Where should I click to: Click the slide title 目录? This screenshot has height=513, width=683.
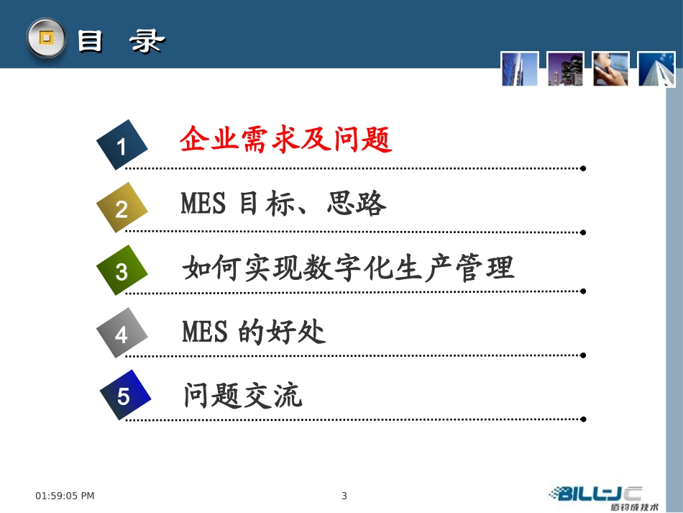pyautogui.click(x=120, y=42)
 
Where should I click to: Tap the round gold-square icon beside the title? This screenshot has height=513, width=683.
pyautogui.click(x=46, y=38)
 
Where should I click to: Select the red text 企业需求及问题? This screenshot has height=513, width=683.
pyautogui.click(x=286, y=140)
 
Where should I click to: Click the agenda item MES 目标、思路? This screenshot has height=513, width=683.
pyautogui.click(x=283, y=204)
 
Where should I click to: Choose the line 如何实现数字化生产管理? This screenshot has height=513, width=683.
pyautogui.click(x=349, y=268)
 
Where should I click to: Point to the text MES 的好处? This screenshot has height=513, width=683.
pyautogui.click(x=254, y=332)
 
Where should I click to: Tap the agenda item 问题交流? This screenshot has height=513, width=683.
pyautogui.click(x=243, y=396)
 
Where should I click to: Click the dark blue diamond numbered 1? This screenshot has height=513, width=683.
pyautogui.click(x=122, y=145)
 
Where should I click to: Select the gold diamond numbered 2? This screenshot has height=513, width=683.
pyautogui.click(x=122, y=208)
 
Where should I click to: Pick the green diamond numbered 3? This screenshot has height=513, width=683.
pyautogui.click(x=122, y=271)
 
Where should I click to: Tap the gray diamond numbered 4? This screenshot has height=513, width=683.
pyautogui.click(x=122, y=333)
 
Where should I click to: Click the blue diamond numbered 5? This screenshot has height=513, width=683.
pyautogui.click(x=124, y=395)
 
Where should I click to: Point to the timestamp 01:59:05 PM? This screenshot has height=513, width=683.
pyautogui.click(x=65, y=495)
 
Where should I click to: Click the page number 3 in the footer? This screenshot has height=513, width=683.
pyautogui.click(x=344, y=495)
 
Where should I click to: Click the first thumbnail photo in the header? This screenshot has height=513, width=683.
pyautogui.click(x=520, y=69)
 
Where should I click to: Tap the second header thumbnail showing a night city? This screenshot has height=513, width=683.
pyautogui.click(x=565, y=69)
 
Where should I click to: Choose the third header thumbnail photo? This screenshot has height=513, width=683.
pyautogui.click(x=611, y=69)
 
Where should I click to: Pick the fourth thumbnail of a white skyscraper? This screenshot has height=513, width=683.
pyautogui.click(x=656, y=69)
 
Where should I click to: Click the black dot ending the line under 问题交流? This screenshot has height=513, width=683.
pyautogui.click(x=583, y=419)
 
